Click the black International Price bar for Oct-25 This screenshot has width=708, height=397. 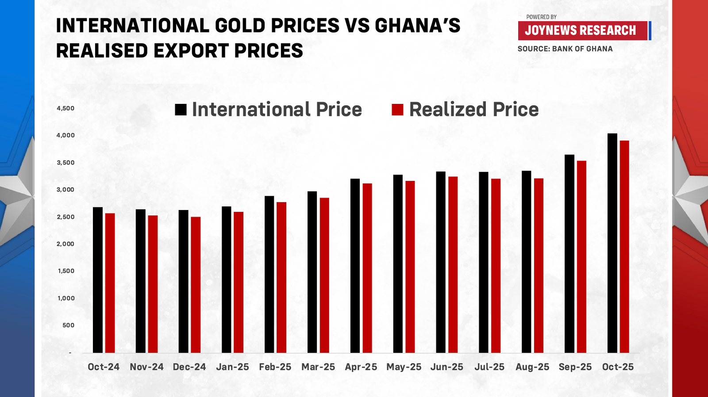click(612, 243)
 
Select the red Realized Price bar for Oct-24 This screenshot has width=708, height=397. click(110, 283)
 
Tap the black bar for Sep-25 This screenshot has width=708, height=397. click(569, 254)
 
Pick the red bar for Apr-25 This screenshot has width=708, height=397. click(367, 268)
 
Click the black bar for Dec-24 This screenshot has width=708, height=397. click(183, 281)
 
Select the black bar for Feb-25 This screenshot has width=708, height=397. click(269, 274)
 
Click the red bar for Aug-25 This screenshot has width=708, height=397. click(539, 265)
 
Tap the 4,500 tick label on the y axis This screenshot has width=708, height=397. click(65, 108)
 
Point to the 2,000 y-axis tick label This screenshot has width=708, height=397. click(65, 244)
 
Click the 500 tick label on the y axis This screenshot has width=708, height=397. click(68, 325)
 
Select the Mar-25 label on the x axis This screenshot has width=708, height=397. click(318, 367)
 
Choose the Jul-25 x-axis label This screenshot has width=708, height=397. click(489, 367)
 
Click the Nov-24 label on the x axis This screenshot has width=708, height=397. click(146, 367)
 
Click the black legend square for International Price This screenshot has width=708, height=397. click(181, 110)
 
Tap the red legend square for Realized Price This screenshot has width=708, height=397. click(397, 110)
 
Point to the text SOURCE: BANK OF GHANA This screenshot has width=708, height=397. click(565, 49)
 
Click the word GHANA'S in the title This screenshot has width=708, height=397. click(417, 26)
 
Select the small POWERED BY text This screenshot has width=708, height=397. click(541, 17)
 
